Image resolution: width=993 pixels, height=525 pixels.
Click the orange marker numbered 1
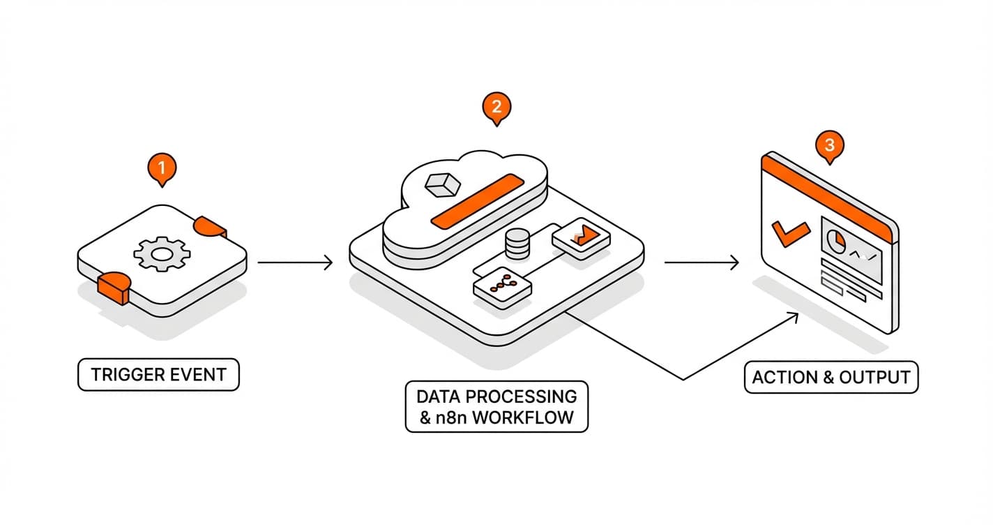pos(162,168)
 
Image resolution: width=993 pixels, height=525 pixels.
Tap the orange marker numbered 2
pos(496,107)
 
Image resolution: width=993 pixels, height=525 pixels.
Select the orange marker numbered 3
pos(829,146)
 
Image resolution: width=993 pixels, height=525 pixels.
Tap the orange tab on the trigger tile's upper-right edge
pos(210,226)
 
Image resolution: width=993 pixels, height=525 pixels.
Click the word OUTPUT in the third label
pos(874,378)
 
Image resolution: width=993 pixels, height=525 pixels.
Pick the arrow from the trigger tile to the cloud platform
pos(294,263)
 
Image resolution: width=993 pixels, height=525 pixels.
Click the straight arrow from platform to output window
pos(701,263)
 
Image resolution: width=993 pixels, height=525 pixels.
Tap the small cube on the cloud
pos(442,184)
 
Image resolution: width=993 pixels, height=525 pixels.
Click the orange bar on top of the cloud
pos(477,200)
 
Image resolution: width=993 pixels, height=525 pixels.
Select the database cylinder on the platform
pos(517,244)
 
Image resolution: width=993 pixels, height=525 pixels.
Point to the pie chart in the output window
pos(836,242)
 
